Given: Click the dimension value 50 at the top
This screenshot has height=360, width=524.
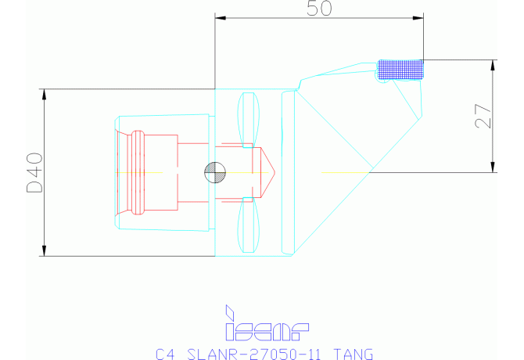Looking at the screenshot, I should (318, 9).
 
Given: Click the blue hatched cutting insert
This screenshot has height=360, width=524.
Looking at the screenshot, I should (400, 69).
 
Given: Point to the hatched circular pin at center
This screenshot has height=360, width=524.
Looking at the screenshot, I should (214, 171).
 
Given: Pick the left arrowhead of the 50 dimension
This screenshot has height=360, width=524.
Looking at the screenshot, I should (220, 16).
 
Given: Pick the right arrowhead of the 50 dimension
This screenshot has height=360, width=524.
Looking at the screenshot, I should (418, 16).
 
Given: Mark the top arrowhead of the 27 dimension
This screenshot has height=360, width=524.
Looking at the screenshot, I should (493, 64).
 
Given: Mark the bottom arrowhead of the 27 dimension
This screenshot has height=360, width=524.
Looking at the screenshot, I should (493, 166).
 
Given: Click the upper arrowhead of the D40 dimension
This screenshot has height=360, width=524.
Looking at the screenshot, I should (44, 94).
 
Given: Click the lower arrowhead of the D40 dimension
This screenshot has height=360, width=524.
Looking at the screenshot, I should (44, 250).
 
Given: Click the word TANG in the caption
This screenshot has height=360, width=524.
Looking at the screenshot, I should (354, 353).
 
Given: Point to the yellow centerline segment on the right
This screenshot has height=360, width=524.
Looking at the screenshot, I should (344, 171).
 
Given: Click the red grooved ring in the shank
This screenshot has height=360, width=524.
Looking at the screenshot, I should (138, 171).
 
